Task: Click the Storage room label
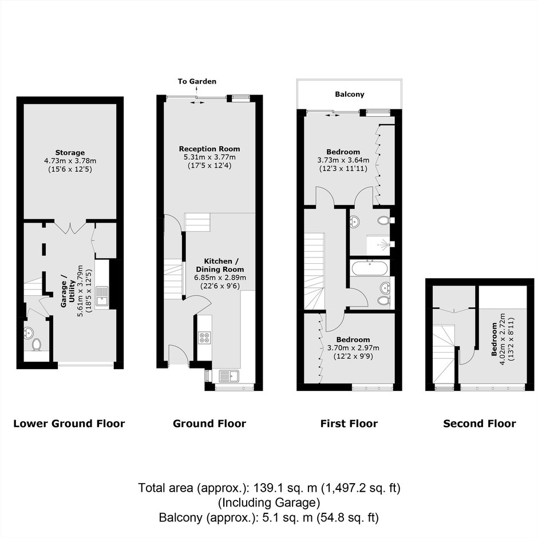[70, 152]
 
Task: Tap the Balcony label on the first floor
[350, 94]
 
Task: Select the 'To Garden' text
[197, 81]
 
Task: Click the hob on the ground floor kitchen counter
[204, 337]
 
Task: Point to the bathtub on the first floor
[370, 268]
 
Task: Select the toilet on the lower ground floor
[36, 344]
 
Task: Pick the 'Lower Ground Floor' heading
[69, 424]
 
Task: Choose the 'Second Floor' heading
[479, 424]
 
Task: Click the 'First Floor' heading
[349, 424]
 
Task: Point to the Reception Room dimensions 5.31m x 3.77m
[209, 157]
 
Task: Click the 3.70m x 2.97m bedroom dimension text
[353, 348]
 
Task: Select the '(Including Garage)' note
[269, 503]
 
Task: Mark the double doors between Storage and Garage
[70, 228]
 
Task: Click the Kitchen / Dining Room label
[220, 265]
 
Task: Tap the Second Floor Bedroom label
[495, 339]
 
